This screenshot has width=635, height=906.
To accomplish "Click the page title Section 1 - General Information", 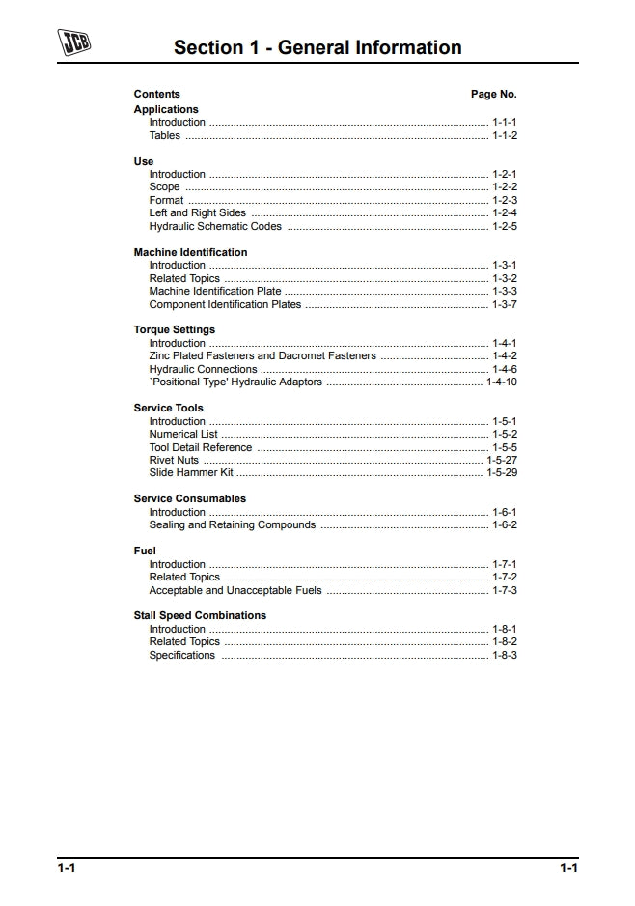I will point(317,47).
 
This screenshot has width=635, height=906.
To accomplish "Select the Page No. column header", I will point(493,94).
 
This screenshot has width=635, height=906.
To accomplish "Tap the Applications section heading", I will point(166,109).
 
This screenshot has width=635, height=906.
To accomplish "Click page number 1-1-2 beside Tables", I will point(505,136).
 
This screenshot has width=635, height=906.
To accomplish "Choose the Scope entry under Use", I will point(164,187).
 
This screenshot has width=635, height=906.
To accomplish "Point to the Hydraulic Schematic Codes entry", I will point(215,227).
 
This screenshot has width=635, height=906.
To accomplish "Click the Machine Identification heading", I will point(190,252).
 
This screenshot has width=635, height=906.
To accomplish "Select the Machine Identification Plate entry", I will point(215,291).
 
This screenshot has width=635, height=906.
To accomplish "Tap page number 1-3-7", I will point(505,304).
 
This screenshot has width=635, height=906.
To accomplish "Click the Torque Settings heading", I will point(175,329).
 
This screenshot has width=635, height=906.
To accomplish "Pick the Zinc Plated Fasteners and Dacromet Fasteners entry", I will point(262,355).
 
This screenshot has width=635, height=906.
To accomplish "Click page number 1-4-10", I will point(502,382).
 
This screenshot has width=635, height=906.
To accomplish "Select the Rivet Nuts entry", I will point(174,460).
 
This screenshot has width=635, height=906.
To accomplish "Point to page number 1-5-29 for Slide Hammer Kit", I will point(502,473).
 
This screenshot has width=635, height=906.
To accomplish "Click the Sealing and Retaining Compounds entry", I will point(232,525).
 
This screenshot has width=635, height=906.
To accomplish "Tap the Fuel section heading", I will point(145,551).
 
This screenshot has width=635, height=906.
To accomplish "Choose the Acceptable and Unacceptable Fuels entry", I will point(235,590).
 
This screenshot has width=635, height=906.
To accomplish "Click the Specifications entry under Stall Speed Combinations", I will point(181,655).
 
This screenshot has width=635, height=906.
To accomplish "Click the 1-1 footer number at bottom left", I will point(66,868).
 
